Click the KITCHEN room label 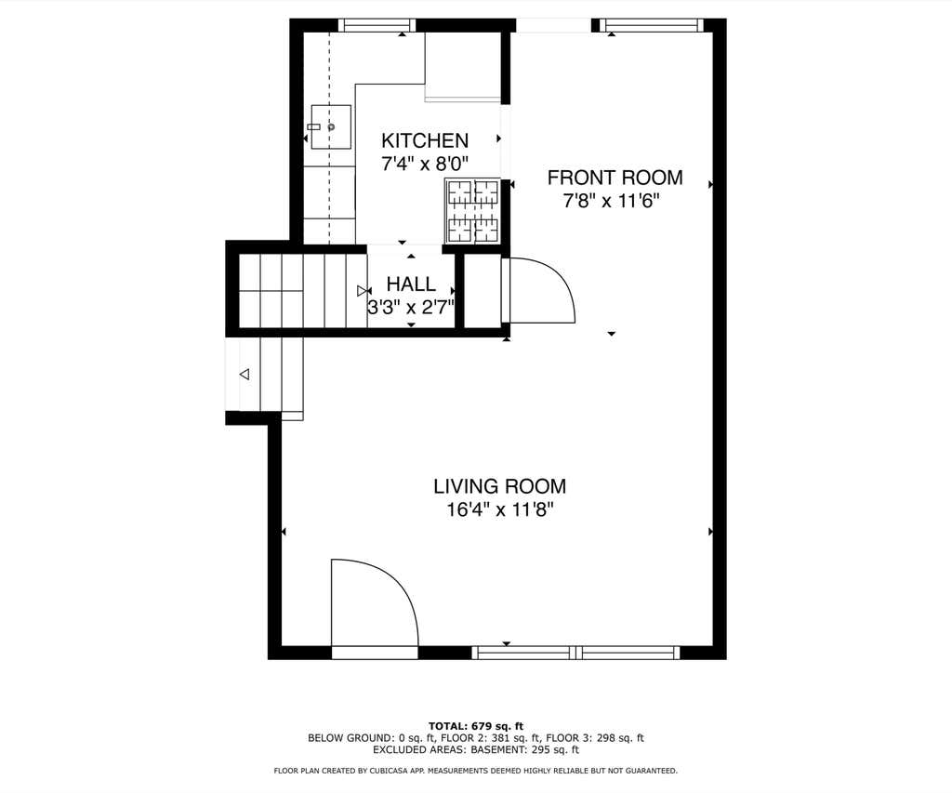[425, 140]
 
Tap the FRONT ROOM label [615, 178]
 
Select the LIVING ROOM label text [499, 486]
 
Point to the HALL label [411, 284]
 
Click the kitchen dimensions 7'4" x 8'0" [425, 164]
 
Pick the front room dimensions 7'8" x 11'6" [612, 201]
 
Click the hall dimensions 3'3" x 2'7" [411, 307]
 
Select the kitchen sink [331, 127]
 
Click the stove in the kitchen [473, 211]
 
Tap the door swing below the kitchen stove [538, 290]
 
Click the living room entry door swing [375, 602]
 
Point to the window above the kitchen [377, 25]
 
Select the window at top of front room [652, 25]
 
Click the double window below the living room [575, 653]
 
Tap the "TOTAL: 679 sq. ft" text [476, 726]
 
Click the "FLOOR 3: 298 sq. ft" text [595, 738]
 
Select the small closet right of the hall [483, 290]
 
